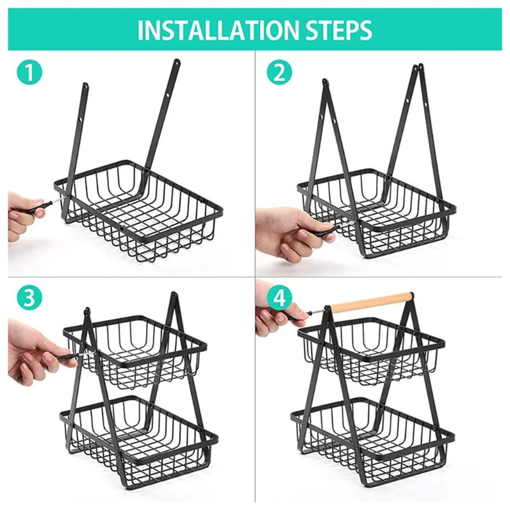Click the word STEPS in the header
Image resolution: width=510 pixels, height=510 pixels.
340,29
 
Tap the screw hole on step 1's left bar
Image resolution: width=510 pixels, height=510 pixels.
82,117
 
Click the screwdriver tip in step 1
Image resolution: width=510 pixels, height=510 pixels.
56,198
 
